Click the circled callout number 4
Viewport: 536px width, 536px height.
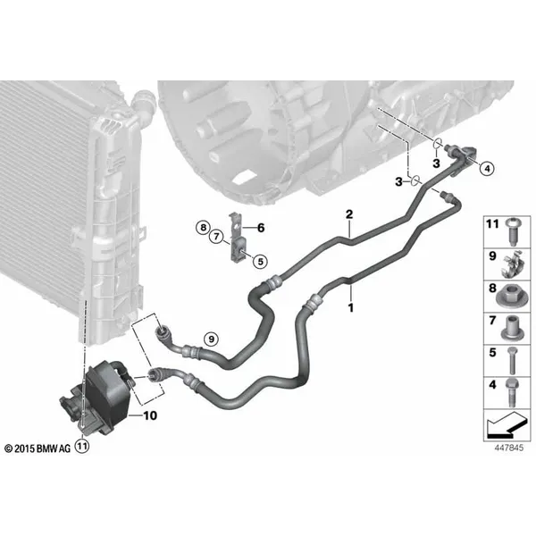(x=487, y=168)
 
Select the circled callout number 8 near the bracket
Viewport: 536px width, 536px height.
(x=203, y=227)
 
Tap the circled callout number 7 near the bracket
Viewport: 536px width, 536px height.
(x=216, y=236)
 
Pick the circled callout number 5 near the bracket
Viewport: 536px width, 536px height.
(x=261, y=262)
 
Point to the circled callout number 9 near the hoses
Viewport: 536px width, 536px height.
(x=211, y=339)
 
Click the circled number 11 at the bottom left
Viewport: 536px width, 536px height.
(x=82, y=446)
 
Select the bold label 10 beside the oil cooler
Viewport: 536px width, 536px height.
(x=150, y=415)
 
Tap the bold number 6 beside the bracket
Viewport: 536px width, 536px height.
(x=261, y=228)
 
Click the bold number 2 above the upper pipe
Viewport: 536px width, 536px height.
(x=349, y=214)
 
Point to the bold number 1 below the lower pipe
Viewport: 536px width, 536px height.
(x=351, y=307)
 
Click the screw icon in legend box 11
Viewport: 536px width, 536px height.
(x=511, y=231)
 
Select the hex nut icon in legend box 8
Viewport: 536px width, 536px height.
(x=512, y=296)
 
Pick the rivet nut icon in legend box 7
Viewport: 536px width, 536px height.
(x=512, y=328)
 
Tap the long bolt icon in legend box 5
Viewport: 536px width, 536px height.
(x=512, y=360)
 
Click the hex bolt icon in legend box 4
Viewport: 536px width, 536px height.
(x=512, y=392)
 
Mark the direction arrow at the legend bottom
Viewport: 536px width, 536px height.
(x=507, y=424)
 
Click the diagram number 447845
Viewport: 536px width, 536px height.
(x=509, y=448)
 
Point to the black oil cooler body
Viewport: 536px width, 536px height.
(x=106, y=389)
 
